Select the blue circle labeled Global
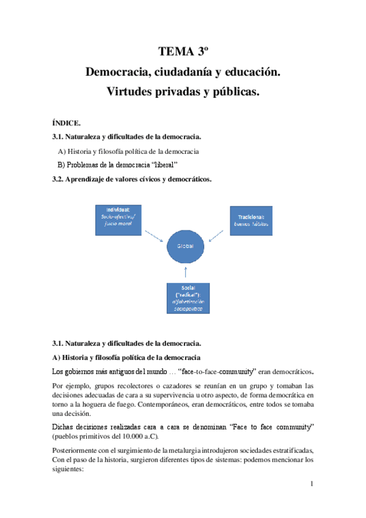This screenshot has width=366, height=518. click(186, 246)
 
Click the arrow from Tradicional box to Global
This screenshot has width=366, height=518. click(218, 236)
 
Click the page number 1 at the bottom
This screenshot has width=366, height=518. click(311, 485)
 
